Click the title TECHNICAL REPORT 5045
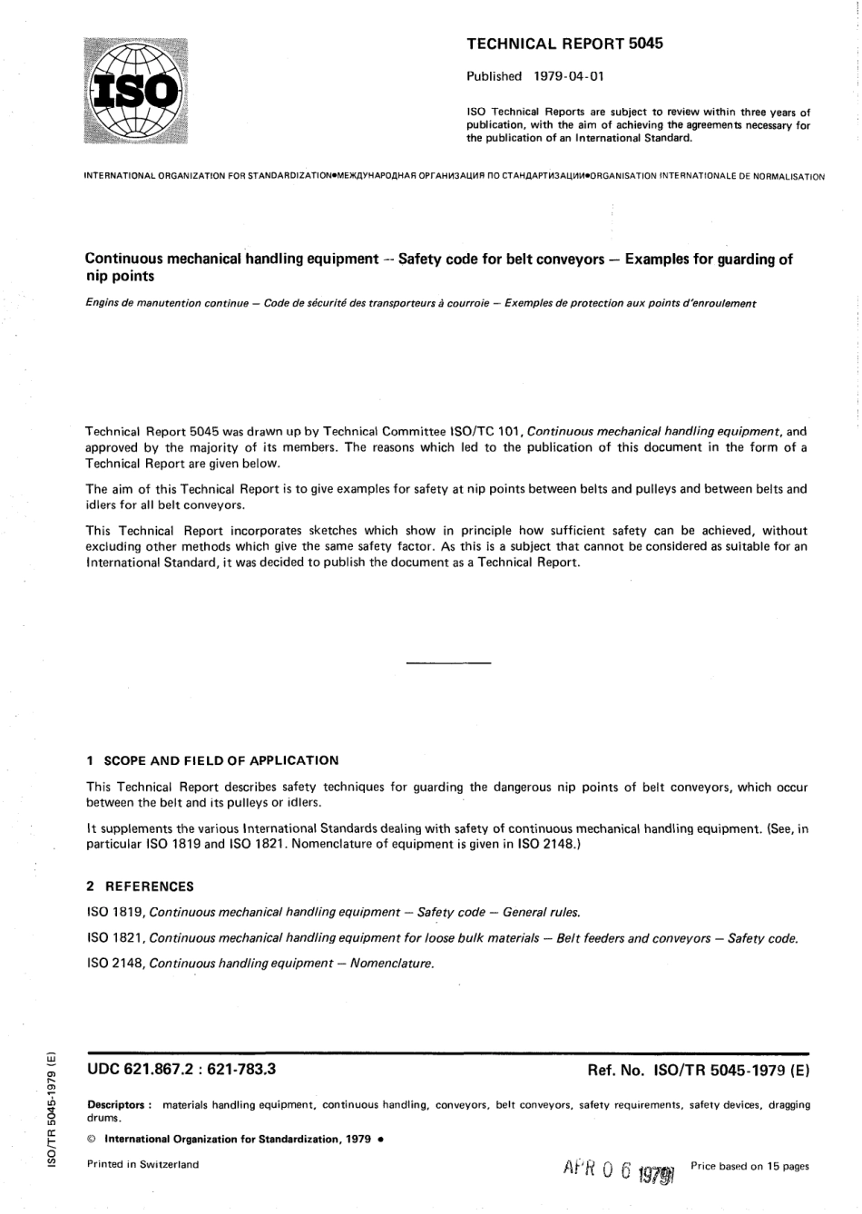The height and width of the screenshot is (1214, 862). coord(564,43)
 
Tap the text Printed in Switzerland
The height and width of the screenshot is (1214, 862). coord(142,1164)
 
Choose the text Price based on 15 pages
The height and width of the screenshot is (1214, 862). coord(749,1166)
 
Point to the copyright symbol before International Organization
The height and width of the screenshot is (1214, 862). coord(91,1139)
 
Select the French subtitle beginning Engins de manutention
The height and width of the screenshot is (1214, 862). coord(420,303)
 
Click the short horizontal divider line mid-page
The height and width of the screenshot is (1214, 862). coord(448,664)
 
